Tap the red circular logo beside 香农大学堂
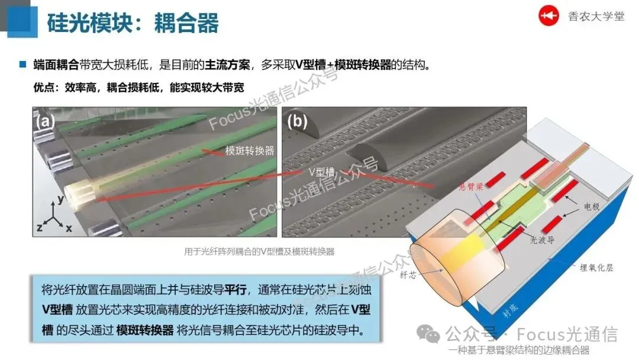pos(548,17)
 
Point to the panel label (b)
pos(296,122)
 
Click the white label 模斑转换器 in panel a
pos(249,150)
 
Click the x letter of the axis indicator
pos(68,228)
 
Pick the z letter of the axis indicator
pos(40,227)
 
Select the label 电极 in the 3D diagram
pos(592,208)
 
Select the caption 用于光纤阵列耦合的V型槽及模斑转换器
pos(259,252)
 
